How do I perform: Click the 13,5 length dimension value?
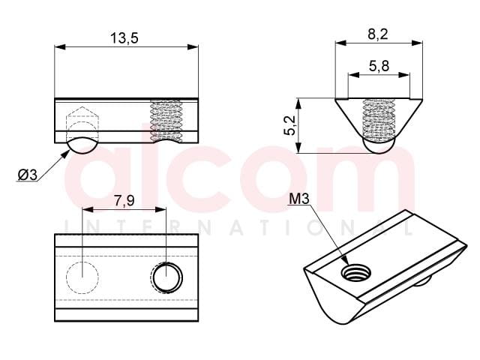tap(124, 38)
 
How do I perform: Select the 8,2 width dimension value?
tap(378, 34)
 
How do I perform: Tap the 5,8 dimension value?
tap(379, 66)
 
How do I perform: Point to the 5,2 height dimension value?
tap(289, 125)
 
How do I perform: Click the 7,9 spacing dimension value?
tap(124, 201)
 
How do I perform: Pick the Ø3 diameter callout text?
tap(27, 175)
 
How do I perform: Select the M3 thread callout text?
tap(299, 199)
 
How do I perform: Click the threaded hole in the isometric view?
tap(357, 272)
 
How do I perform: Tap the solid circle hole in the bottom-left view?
tap(166, 277)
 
